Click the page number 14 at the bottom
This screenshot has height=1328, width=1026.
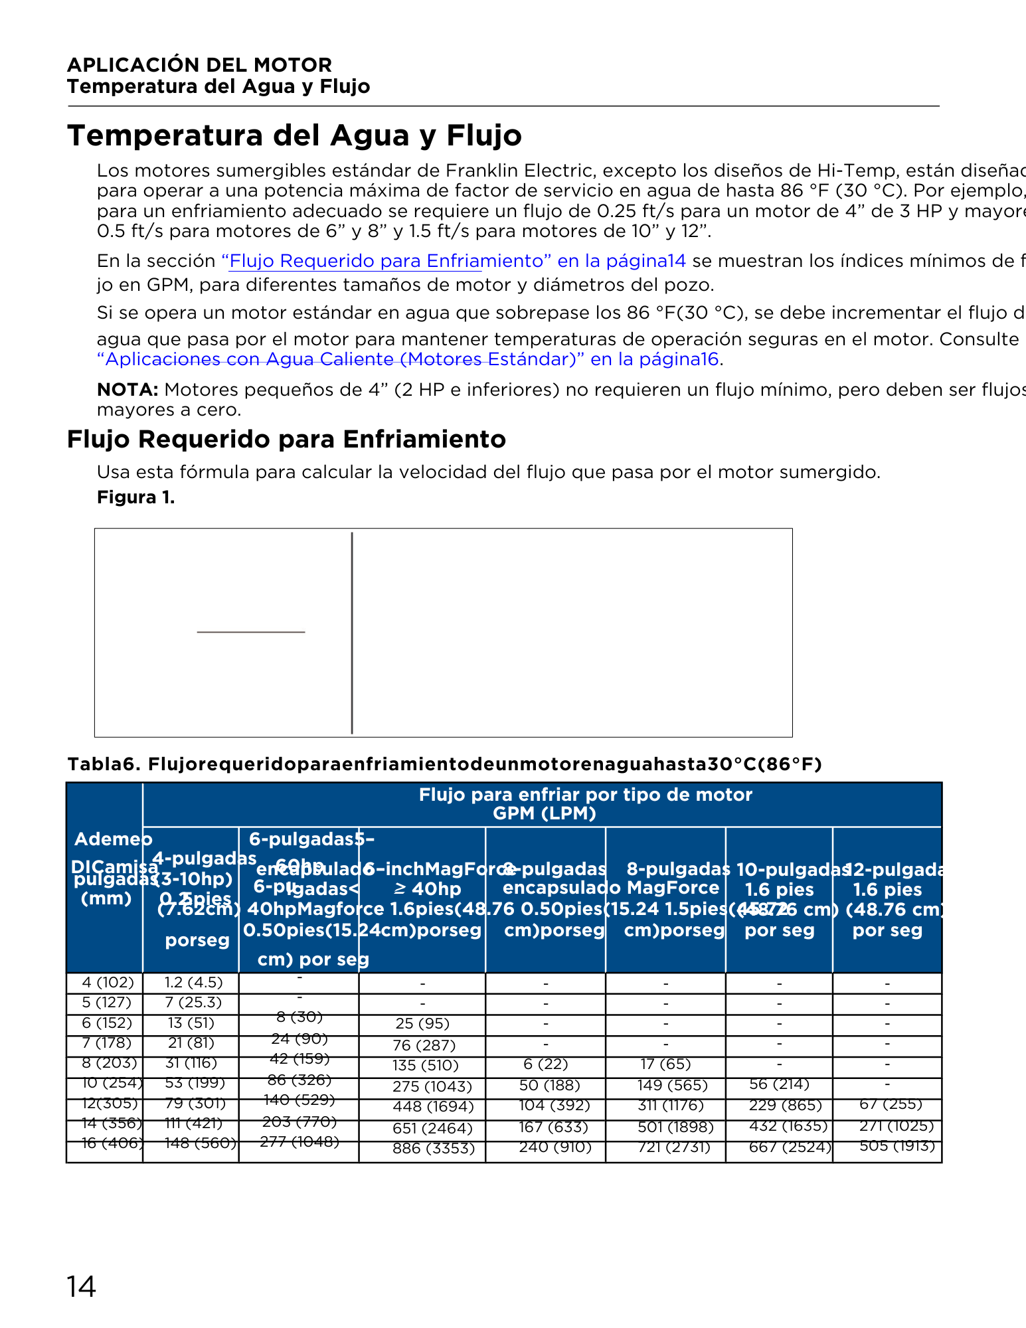point(81,1287)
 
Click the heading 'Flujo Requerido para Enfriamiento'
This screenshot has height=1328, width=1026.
point(286,440)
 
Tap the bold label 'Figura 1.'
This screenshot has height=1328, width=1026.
point(135,497)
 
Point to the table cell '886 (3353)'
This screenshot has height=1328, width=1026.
point(433,1148)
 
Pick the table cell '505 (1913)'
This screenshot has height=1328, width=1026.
point(897,1145)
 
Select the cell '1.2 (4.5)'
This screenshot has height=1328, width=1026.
point(193,982)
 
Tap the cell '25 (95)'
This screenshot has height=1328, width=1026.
point(422,1023)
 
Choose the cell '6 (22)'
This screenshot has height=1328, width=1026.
point(545,1064)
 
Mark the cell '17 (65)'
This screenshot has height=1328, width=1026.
point(666,1064)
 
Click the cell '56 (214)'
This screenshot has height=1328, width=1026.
point(779,1084)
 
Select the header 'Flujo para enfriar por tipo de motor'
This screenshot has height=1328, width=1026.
point(585,795)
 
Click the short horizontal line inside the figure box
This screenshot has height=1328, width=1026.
point(251,632)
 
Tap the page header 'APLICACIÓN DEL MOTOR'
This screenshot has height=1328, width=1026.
point(199,65)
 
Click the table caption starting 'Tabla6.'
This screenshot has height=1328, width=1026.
point(444,765)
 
